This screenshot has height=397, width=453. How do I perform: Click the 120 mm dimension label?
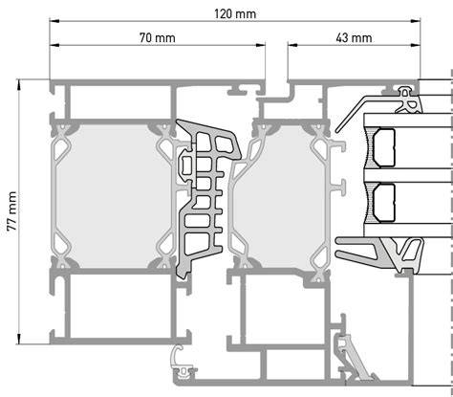tap(235, 14)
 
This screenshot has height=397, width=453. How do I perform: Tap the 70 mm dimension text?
tap(157, 38)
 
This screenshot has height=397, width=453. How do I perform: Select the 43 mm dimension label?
tap(354, 38)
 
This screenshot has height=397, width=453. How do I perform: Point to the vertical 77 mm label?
tap(12, 211)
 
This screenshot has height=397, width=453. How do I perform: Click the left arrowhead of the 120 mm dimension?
tap(54, 21)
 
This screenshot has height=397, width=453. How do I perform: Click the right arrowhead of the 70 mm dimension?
tap(261, 45)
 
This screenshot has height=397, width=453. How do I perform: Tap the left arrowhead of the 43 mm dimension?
tap(292, 45)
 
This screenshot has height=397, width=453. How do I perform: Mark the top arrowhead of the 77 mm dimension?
tap(19, 84)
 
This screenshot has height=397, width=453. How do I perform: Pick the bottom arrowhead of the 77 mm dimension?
tap(19, 339)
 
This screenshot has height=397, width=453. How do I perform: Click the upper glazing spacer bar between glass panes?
tap(384, 147)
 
